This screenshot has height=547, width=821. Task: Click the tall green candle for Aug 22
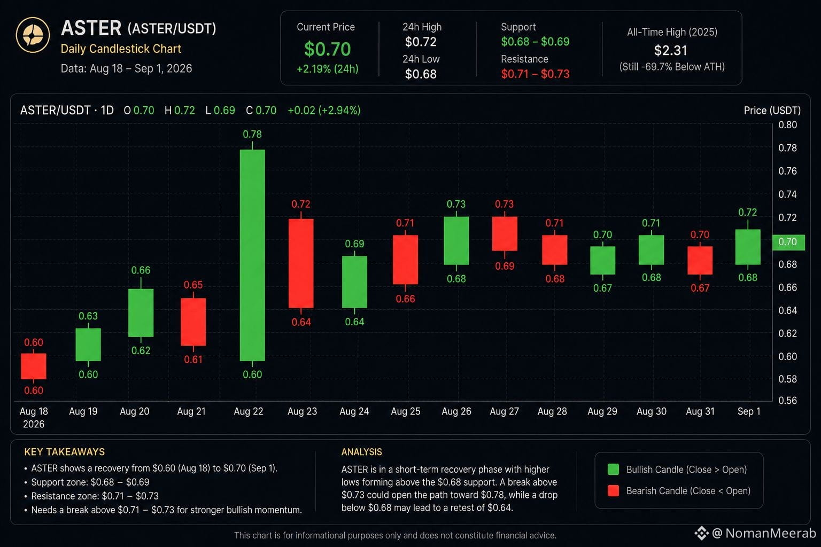[252, 255]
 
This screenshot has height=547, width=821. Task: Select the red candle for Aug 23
[301, 263]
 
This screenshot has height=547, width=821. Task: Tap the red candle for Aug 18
[34, 366]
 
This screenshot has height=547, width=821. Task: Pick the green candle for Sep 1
[748, 247]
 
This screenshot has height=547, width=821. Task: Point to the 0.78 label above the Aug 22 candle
[252, 134]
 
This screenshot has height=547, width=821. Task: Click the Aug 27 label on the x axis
[505, 411]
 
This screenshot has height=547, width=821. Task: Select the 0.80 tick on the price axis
[788, 125]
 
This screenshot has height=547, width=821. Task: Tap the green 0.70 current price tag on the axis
[788, 242]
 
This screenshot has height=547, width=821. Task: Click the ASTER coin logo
[33, 35]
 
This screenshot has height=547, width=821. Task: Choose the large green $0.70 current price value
[327, 49]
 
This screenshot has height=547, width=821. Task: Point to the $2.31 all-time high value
[670, 51]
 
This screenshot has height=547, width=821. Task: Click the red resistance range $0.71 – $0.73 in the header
[535, 74]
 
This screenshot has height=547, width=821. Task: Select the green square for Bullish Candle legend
[613, 470]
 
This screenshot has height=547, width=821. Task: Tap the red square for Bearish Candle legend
[613, 490]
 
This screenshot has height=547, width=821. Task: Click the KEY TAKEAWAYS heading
[65, 452]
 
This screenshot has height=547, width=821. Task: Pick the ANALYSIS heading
[361, 452]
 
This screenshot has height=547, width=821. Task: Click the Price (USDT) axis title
[772, 110]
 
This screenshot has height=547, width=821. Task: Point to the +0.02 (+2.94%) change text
[324, 110]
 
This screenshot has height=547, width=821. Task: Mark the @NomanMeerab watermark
[755, 533]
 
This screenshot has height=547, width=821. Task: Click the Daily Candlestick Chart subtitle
[121, 49]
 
